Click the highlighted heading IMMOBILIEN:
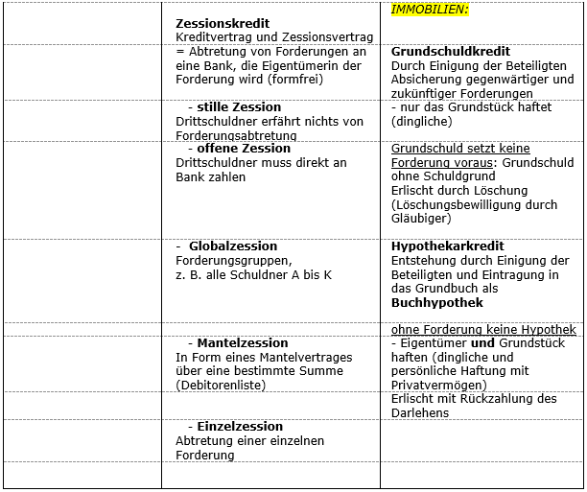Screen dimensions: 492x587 tap(430, 10)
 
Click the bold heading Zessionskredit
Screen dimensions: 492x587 tap(223, 23)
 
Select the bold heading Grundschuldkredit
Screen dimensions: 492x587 tap(451, 52)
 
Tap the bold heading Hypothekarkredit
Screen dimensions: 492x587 tap(448, 246)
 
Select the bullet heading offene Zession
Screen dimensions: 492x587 tap(243, 149)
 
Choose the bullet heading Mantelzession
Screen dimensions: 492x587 tap(242, 342)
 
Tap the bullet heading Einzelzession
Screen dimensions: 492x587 tap(240, 426)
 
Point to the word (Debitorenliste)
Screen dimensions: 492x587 tap(225, 386)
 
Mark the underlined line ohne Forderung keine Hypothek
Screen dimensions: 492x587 tap(483, 330)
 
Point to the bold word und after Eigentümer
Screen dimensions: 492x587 tap(483, 342)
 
